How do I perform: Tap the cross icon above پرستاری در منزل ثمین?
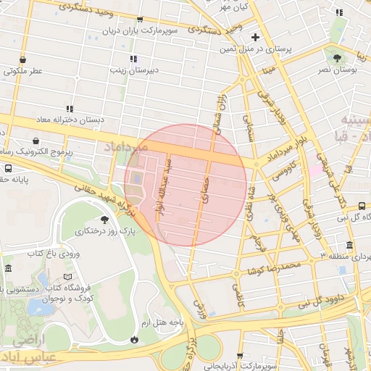(x=254, y=37)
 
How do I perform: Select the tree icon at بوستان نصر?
(x=336, y=57)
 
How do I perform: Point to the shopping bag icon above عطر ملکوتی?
(x=25, y=59)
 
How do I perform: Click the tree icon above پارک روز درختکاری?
(x=105, y=218)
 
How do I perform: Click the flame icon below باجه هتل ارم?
(x=134, y=339)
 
